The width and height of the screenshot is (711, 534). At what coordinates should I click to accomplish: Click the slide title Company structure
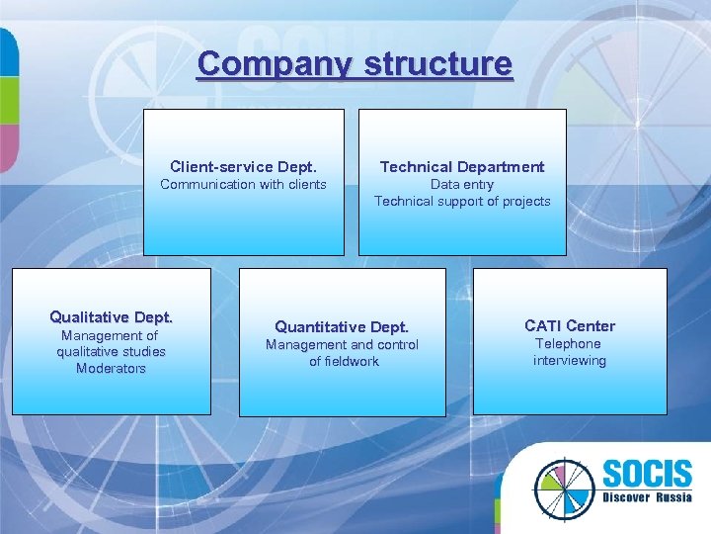coord(355,64)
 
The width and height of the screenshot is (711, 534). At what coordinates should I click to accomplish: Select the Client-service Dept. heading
coord(243,166)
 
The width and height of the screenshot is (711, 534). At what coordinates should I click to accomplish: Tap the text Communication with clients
coord(243,184)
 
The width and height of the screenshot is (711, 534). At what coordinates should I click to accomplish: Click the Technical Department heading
coord(462,166)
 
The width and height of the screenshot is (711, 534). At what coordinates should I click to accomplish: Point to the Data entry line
coord(462,184)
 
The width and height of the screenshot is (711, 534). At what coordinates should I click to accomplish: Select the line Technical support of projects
coord(462,201)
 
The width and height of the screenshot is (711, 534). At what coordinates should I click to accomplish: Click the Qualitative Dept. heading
coord(111,316)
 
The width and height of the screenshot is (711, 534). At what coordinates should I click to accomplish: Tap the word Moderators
coord(111,368)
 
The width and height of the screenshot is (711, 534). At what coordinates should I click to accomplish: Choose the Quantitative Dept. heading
coord(342,326)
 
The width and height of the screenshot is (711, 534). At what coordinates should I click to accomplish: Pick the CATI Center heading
coord(570,325)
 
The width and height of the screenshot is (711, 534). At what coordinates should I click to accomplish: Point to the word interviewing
coord(570,360)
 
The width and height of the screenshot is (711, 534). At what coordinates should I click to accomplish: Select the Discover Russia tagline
coord(646,497)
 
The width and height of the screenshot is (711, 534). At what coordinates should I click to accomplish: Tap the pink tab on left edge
coord(8,148)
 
